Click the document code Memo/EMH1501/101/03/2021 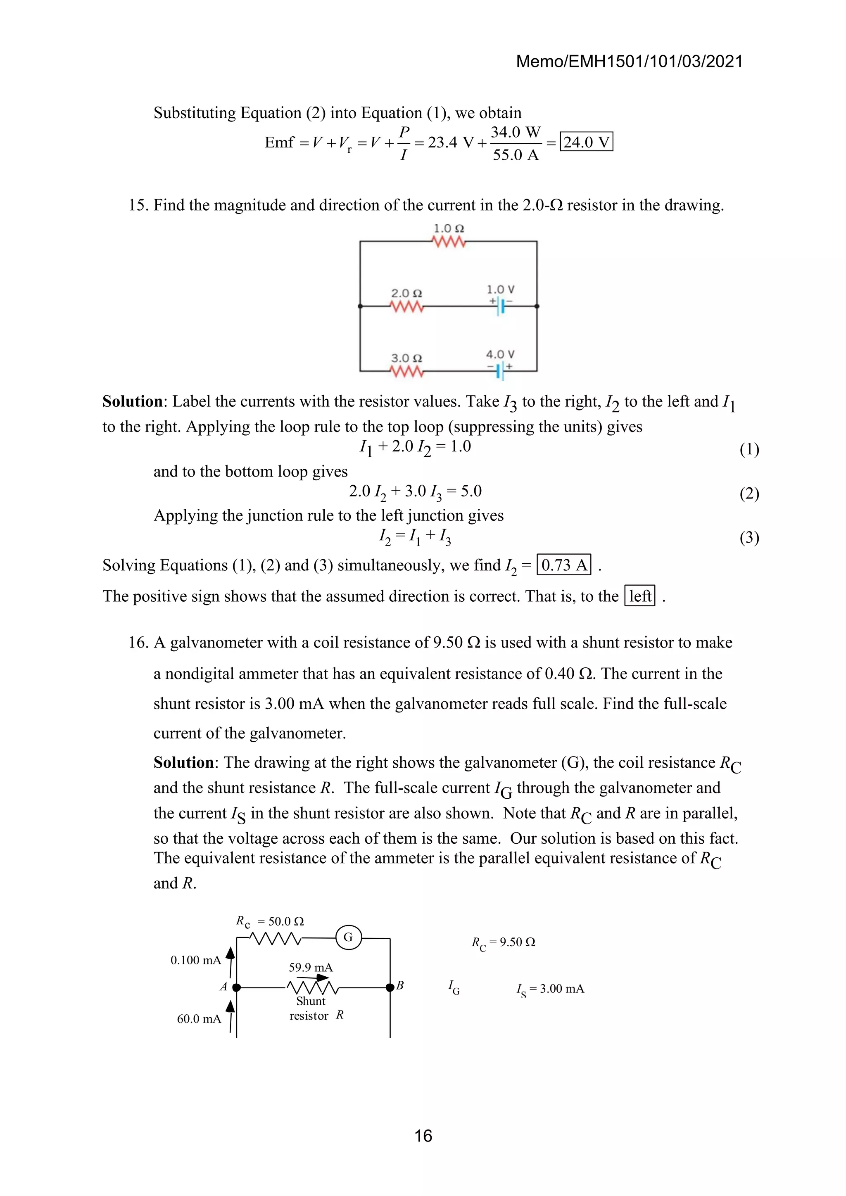point(629,62)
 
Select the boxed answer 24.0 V point(586,142)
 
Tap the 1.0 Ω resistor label point(449,229)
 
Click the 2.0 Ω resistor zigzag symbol point(407,307)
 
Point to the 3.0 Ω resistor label point(406,358)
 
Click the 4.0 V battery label point(500,354)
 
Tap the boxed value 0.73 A point(563,565)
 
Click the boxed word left point(640,596)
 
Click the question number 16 point(138,643)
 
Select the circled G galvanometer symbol point(348,937)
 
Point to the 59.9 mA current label point(311,967)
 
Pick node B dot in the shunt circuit point(390,987)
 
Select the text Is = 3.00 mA point(550,989)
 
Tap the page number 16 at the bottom point(423,1136)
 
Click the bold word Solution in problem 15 point(132,401)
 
